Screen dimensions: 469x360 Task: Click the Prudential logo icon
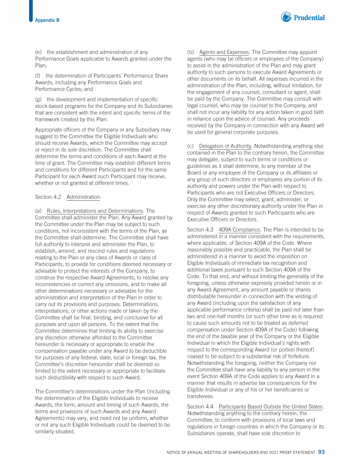(286, 17)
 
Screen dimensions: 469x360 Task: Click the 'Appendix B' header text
(47, 20)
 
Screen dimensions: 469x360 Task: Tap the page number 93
(321, 452)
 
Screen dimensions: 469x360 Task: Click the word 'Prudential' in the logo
(309, 18)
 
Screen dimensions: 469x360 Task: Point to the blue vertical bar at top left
(30, 10)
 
